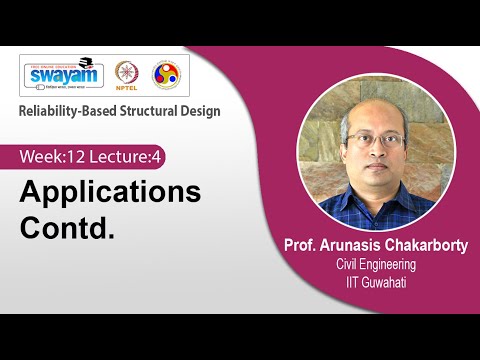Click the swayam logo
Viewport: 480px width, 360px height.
pyautogui.click(x=63, y=75)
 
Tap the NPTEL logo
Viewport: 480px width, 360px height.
pyautogui.click(x=127, y=75)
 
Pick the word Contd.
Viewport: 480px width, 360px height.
pyautogui.click(x=67, y=226)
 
